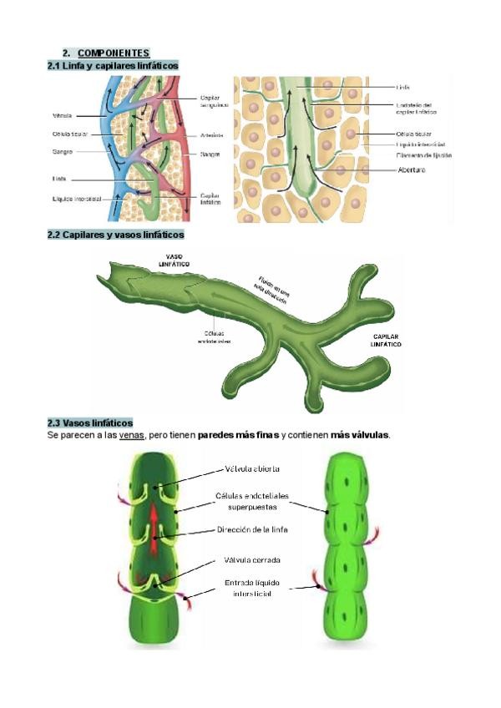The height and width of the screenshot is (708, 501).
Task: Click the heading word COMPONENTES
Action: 113,53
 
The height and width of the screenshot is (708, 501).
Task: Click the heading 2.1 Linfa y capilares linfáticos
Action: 113,65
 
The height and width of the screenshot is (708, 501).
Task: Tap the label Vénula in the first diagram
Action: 62,115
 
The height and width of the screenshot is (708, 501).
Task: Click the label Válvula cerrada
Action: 251,559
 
